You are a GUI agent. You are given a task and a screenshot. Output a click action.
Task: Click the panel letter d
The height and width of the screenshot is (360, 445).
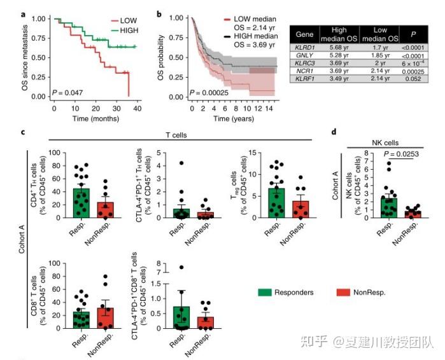pos(334,132)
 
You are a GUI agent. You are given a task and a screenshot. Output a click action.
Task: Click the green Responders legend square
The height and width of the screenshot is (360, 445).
pos(265,292)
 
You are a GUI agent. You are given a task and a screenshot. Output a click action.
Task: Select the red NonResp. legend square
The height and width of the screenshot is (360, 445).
pos(341,292)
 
